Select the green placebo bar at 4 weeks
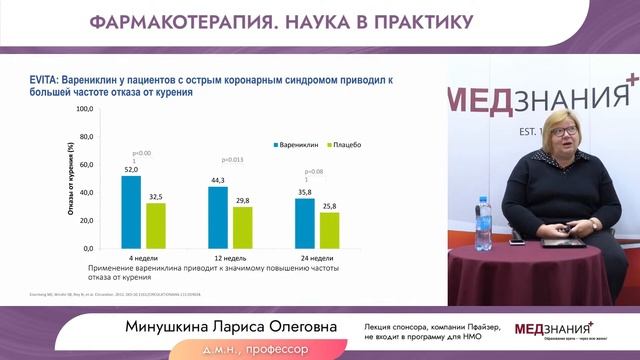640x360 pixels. pyautogui.click(x=155, y=225)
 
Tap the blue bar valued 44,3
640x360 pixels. pyautogui.click(x=218, y=217)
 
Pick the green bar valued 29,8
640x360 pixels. pyautogui.click(x=242, y=227)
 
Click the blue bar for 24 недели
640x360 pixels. pyautogui.click(x=304, y=223)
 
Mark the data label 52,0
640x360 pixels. pyautogui.click(x=131, y=171)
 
